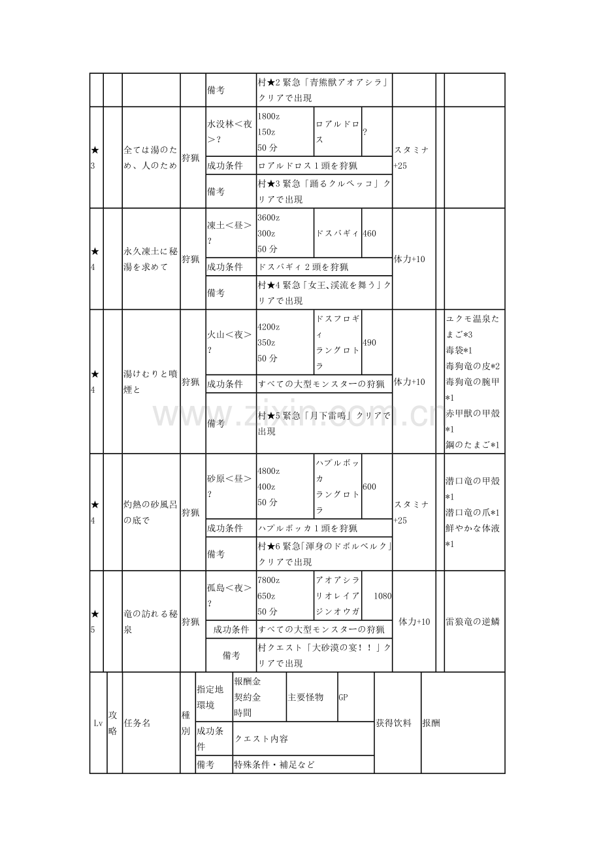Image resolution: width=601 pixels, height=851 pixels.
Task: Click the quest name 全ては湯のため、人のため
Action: click(150, 158)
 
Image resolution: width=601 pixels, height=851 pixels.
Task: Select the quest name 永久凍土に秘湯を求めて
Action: click(150, 259)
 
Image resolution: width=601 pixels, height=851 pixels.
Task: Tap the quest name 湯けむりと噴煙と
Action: click(150, 382)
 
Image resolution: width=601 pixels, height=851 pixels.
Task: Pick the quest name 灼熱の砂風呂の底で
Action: click(150, 512)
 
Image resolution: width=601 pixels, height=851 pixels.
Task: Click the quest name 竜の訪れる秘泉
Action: click(150, 622)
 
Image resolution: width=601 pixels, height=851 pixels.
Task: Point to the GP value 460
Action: click(370, 233)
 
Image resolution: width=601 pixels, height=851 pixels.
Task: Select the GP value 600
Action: click(370, 487)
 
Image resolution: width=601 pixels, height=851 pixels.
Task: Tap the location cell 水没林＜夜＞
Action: click(230, 131)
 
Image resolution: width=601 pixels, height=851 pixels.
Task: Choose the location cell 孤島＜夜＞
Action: click(230, 595)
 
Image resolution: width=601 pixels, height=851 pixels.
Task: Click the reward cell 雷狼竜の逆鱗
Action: click(473, 622)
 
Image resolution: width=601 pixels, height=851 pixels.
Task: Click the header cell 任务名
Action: click(137, 723)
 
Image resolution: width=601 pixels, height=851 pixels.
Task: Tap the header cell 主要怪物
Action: click(305, 697)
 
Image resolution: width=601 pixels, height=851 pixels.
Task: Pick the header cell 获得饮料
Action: click(394, 724)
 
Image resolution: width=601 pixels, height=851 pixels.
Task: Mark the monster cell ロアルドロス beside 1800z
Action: click(337, 131)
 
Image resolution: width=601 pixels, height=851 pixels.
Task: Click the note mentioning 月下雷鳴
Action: click(324, 424)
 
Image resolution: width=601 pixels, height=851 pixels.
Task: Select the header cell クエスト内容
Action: click(261, 739)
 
